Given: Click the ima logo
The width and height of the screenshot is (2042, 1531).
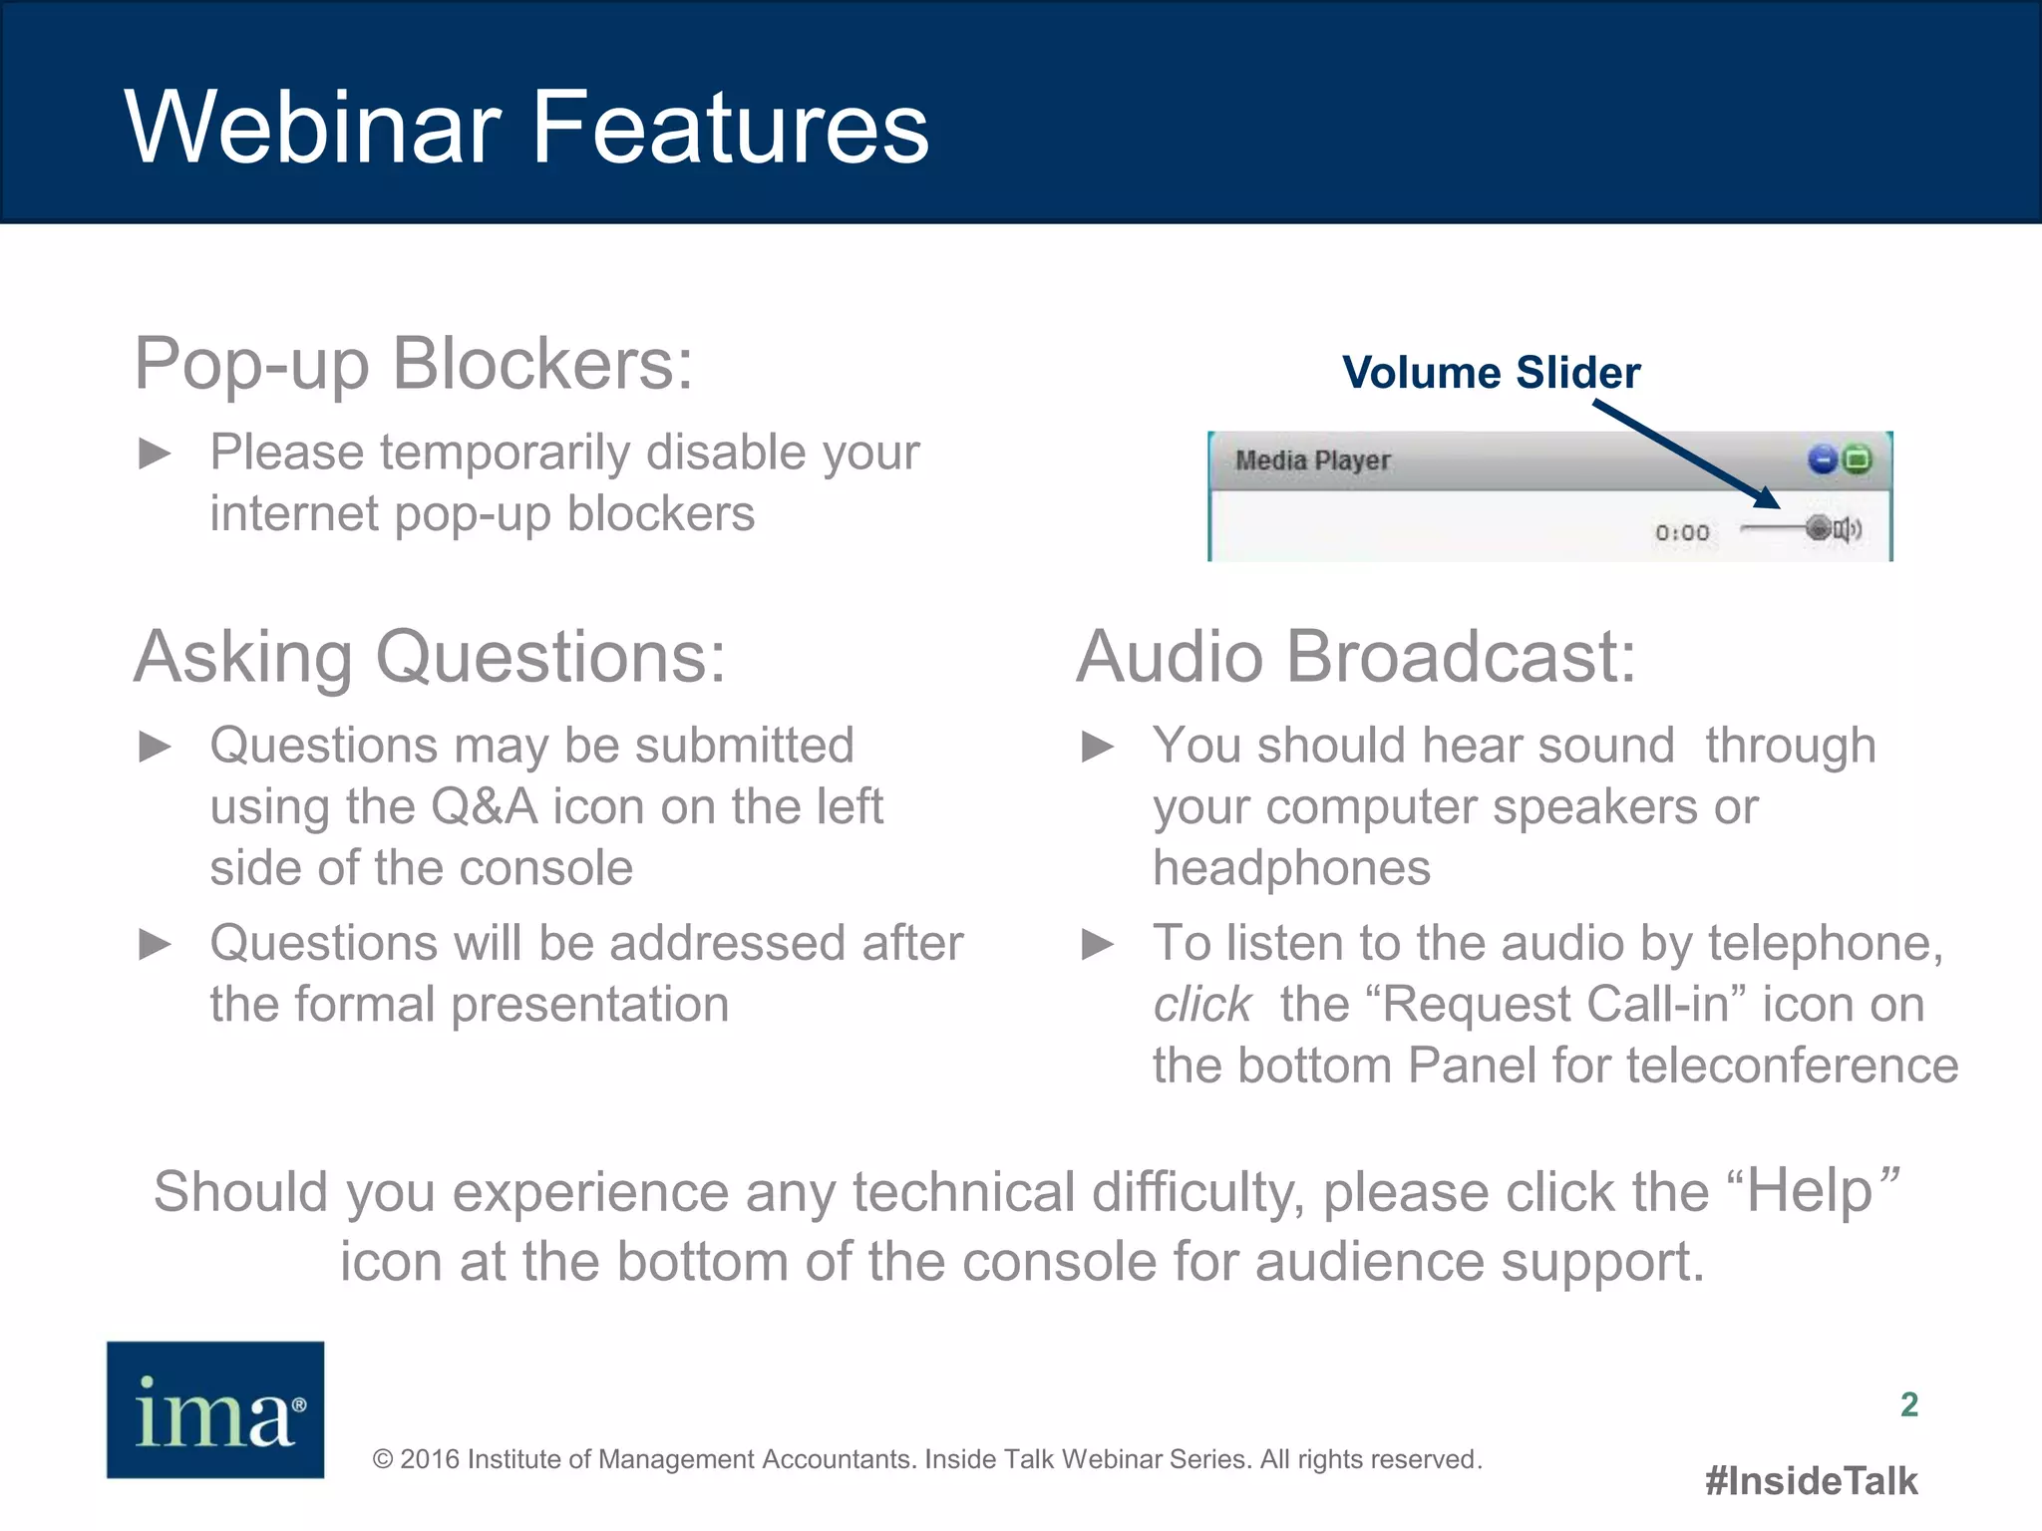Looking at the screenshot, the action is pos(215,1409).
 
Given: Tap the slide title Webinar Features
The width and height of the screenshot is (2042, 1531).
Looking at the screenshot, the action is pos(527,127).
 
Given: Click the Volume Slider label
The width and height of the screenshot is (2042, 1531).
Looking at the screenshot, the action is pos(1491,373).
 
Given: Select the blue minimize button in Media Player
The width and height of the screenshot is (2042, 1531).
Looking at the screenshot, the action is pos(1822,459).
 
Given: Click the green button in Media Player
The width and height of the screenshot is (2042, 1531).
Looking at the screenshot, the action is pos(1857,459).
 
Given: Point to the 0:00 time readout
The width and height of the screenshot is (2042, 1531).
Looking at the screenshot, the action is pos(1682,533).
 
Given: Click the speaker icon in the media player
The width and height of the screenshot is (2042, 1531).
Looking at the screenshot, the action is pos(1848,529).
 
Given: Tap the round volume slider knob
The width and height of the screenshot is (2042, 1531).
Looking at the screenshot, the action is pos(1819,528).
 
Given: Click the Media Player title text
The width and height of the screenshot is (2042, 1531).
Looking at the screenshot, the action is pos(1312,460).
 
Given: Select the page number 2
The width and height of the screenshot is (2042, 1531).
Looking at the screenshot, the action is pos(1909,1404).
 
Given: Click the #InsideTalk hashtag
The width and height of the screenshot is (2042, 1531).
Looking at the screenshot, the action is pos(1812,1481).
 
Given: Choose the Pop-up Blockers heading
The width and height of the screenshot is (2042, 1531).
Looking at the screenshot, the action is pos(414,365).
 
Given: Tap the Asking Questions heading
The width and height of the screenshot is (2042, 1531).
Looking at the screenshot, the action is pos(431,658).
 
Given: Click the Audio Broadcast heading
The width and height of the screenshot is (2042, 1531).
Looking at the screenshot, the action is pos(1356,658).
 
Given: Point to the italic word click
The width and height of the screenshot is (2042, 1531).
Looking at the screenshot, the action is pos(1202,1004).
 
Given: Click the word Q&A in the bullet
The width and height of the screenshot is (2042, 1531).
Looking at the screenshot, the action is pos(485,806).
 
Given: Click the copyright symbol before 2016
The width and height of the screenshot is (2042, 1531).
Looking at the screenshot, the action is pos(383,1460).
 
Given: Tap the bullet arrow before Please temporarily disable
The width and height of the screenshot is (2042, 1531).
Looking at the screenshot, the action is pos(155,454).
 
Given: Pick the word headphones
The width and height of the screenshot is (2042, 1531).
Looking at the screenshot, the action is pos(1292,868).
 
